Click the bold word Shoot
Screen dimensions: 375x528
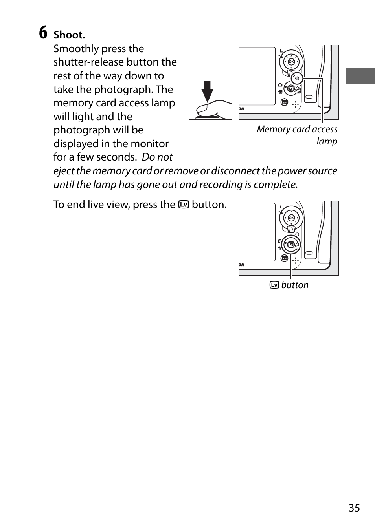pos(69,35)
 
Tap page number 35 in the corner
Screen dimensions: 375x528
pos(354,508)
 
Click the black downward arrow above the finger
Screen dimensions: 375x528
pos(208,91)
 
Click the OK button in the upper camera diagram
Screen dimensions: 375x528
pos(291,62)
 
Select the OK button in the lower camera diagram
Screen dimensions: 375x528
pos(291,218)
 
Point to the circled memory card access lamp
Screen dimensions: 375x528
pos(298,78)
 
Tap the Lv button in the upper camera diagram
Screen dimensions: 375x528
pos(291,89)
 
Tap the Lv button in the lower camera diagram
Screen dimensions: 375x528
pos(291,245)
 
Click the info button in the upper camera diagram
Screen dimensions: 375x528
pos(284,102)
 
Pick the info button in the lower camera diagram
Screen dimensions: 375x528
pos(284,258)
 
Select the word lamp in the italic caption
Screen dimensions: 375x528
pos(327,141)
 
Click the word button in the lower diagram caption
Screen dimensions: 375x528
pos(295,285)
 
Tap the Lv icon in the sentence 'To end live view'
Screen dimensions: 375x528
pos(183,205)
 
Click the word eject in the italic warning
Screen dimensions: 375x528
pos(64,171)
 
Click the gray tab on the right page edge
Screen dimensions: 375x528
pos(360,77)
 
